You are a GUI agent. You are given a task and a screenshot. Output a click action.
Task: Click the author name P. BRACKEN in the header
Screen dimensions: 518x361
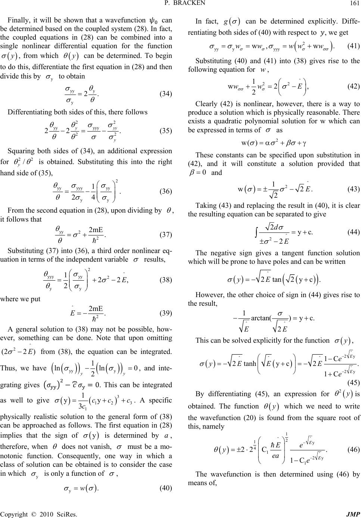180,4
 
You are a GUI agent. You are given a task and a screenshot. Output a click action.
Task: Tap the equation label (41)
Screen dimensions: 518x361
353,46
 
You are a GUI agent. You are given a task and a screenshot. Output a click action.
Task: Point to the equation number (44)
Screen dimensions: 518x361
353,232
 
